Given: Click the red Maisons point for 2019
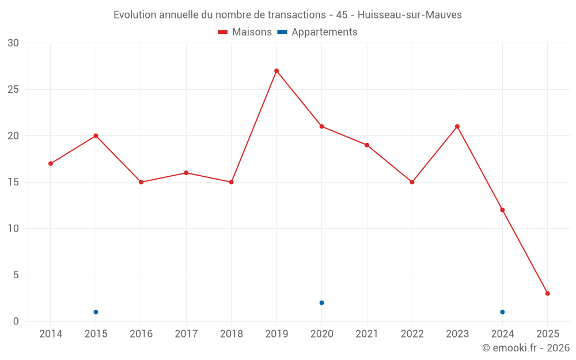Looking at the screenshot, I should (x=276, y=71).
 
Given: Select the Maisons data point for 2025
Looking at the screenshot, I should (x=548, y=293).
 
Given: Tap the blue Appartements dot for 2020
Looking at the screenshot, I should (x=321, y=302).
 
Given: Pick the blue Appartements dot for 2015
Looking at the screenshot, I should (x=96, y=312).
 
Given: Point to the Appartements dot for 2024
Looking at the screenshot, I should (x=502, y=312).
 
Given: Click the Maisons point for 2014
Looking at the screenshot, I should (x=51, y=164).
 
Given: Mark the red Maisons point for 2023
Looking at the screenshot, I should (x=457, y=127).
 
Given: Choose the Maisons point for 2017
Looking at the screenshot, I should (x=186, y=173).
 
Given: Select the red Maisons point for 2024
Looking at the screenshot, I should (x=502, y=210).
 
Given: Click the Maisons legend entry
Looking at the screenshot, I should (x=245, y=32).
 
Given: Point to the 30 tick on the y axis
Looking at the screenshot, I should (x=13, y=43).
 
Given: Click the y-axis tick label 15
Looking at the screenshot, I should (x=13, y=182).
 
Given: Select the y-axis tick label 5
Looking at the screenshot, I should (x=16, y=275).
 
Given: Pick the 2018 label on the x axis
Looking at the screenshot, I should (x=231, y=334).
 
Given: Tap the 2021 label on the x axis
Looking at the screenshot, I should (x=367, y=334).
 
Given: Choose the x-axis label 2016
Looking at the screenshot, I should (x=141, y=334).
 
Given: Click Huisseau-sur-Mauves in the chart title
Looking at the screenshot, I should (x=410, y=15).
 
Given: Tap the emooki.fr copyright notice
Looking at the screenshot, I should (x=526, y=348).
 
